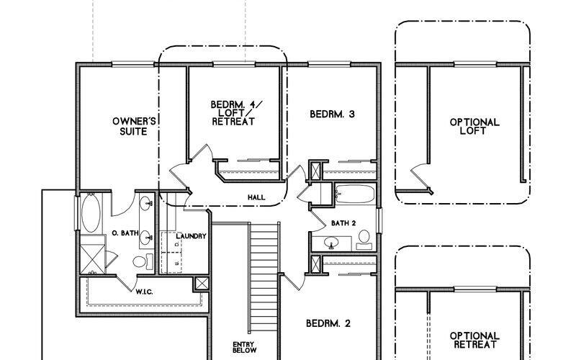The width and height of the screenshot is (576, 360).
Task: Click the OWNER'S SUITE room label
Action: pos(130,126)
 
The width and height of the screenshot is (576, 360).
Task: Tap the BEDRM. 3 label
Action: pos(332,114)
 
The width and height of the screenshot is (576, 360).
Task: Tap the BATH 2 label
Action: pos(344,222)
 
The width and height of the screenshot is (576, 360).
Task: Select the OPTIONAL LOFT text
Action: pos(474,127)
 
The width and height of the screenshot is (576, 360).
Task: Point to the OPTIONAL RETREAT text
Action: pos(474,340)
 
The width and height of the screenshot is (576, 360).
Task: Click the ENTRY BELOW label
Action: pos(242,348)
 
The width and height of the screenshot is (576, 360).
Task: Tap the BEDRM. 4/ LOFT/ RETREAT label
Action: pos(233,113)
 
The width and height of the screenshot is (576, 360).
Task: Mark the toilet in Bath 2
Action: pos(364,238)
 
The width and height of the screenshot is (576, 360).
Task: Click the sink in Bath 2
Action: pos(333,243)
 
